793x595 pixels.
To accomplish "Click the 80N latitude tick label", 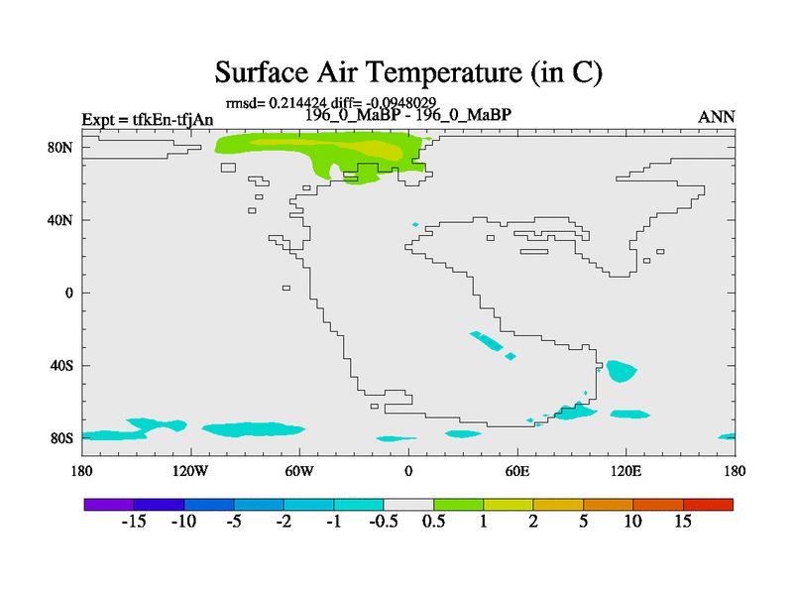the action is pos(59,147).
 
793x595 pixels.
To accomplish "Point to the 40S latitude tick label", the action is pos(60,365).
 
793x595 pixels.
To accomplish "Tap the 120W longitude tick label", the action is pos(190,471).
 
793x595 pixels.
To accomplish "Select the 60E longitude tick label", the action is pos(517,471).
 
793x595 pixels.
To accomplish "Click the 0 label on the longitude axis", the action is pos(408,471).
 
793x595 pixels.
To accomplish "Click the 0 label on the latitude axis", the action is pos(68,293).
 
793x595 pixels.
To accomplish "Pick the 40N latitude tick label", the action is pos(59,220).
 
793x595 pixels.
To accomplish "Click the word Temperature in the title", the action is pos(442,72).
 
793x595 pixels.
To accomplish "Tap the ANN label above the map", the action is pos(716,117).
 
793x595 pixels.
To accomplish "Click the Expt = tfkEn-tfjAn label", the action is pos(147,119).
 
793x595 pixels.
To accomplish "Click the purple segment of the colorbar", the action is pos(109,505).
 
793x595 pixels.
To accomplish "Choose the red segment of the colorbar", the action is pos(708,505).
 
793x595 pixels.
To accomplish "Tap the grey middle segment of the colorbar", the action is pos(408,505).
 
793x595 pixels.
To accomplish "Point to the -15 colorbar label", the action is pos(134,522).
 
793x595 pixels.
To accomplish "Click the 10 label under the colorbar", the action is pos(632,522).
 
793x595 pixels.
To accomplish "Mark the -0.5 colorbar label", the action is pos(384,522).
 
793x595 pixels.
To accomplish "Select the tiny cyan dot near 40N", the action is pos(415,224).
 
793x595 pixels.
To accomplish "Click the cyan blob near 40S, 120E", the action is pos(621,371).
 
